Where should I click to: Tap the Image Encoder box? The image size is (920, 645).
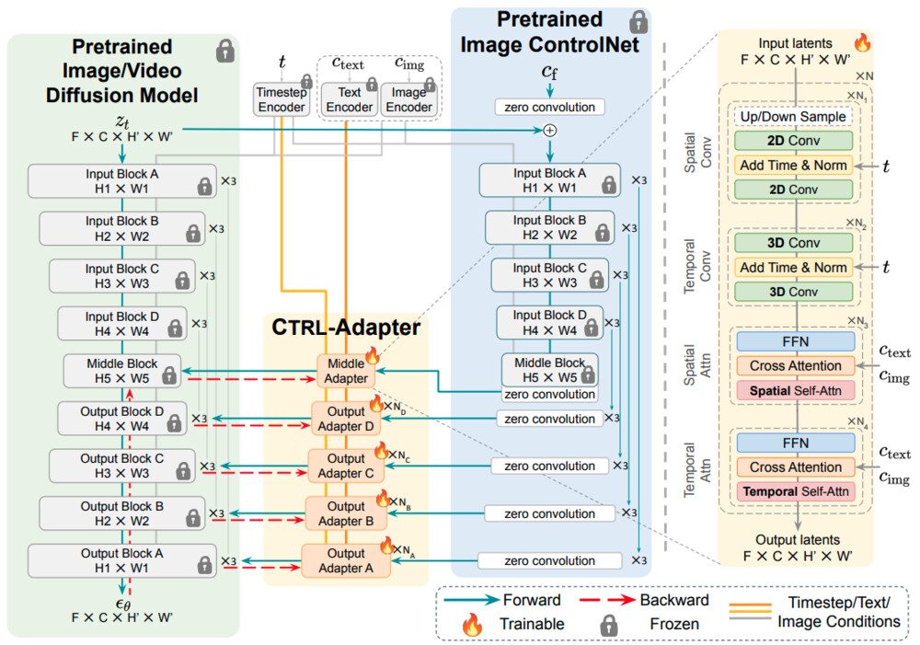[x=408, y=99]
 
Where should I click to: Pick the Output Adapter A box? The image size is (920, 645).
[x=346, y=560]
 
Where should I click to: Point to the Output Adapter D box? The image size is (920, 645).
[x=345, y=418]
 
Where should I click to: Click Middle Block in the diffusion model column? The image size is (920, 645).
[x=121, y=369]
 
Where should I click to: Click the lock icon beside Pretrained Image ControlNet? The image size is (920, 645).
[x=638, y=20]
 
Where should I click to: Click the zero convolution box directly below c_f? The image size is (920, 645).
[x=549, y=107]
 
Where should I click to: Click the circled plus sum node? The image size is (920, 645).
[x=550, y=130]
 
